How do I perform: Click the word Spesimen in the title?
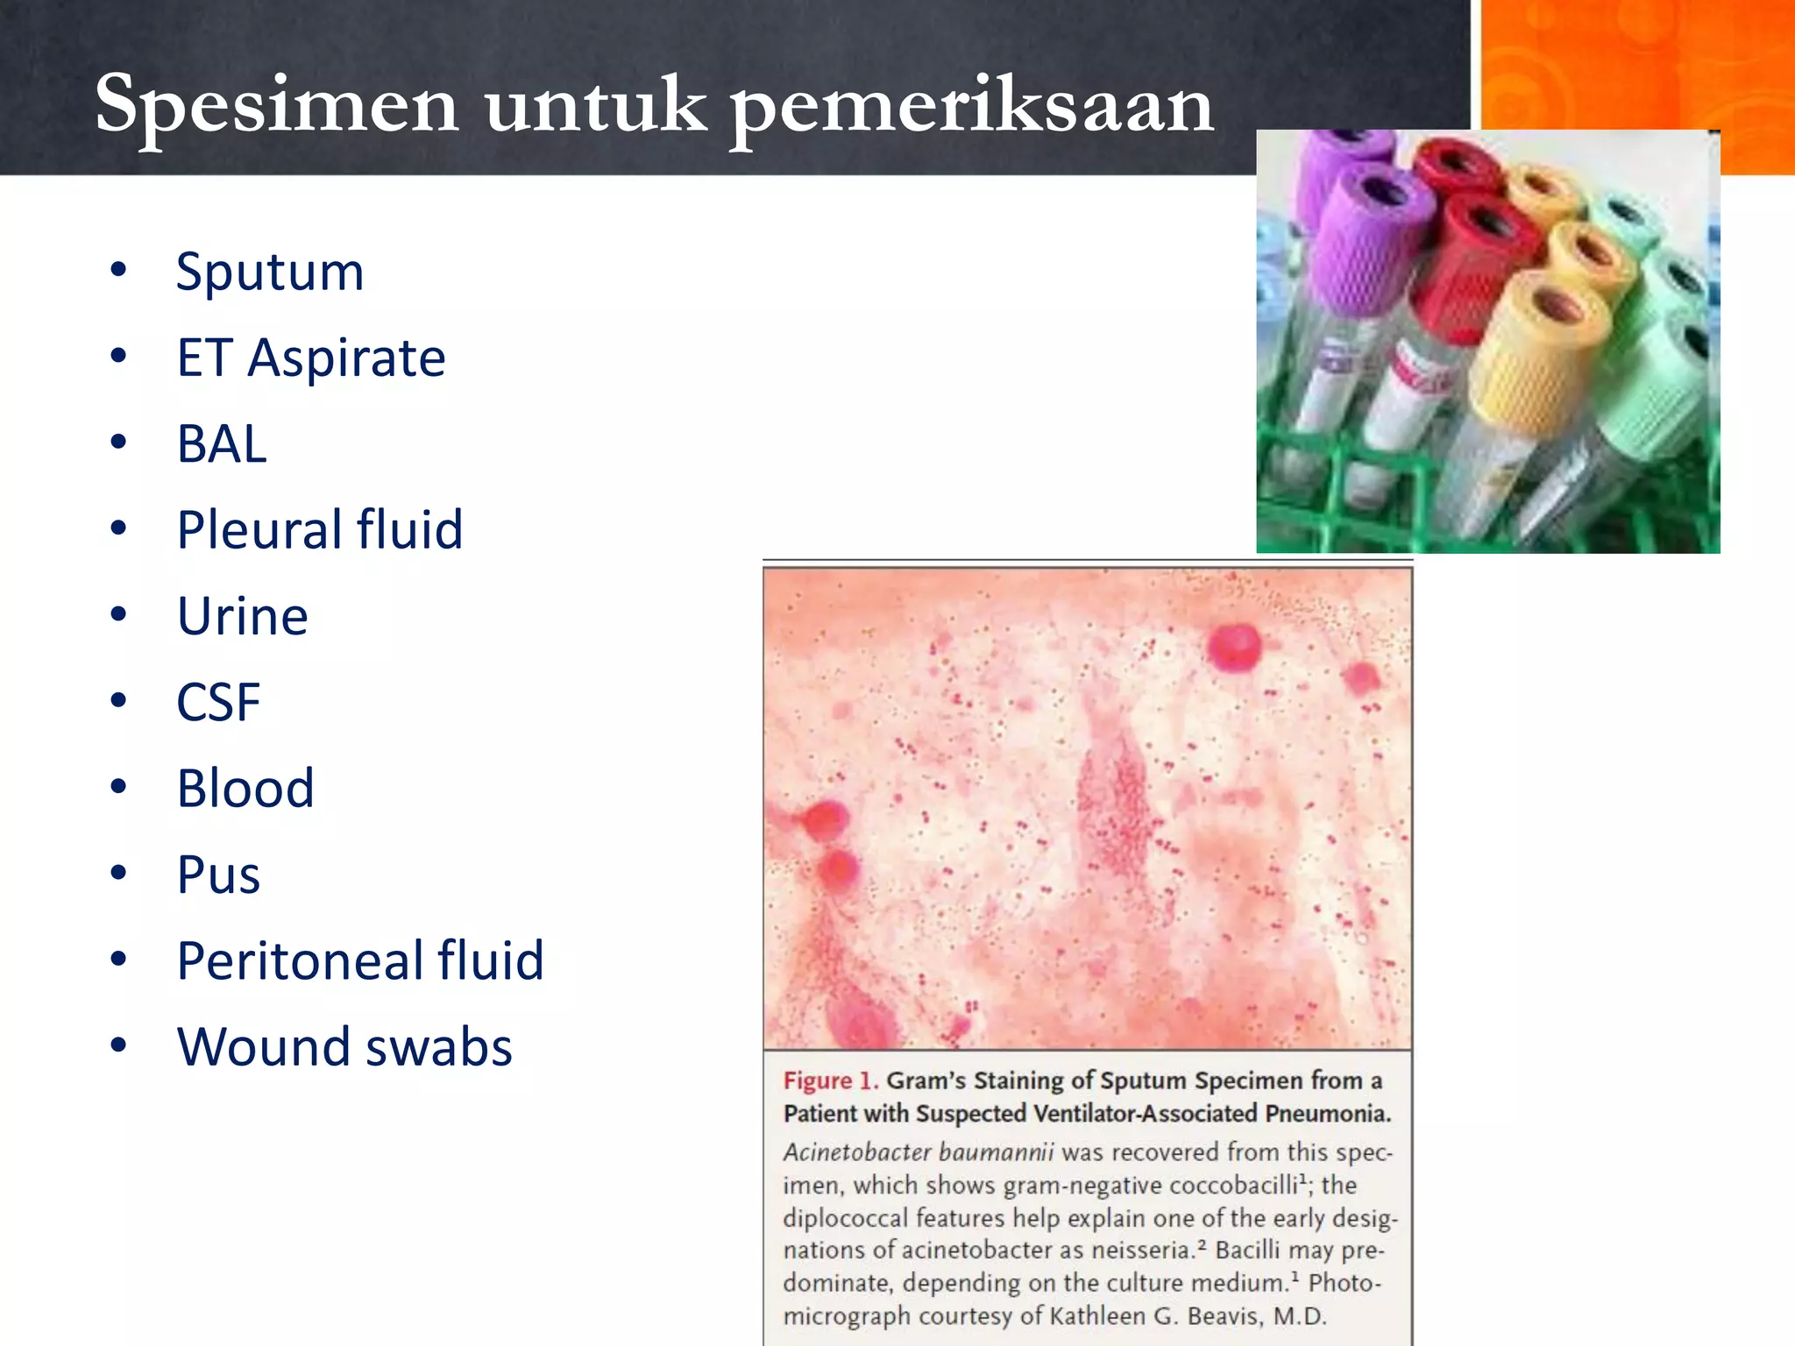[276, 105]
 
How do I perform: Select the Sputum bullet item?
[270, 272]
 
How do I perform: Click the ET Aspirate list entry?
[311, 358]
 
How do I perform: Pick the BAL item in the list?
[222, 443]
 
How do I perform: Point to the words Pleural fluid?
[320, 529]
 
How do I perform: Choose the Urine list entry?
[243, 616]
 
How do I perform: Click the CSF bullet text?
[218, 702]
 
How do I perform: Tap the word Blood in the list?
[245, 788]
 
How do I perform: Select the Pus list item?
[218, 875]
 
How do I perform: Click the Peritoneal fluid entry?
[360, 960]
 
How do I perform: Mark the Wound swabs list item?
[344, 1046]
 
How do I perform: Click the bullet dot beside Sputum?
[118, 270]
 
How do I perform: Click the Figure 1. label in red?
[830, 1080]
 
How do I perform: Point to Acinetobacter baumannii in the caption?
[917, 1151]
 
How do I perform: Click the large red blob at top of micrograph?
[1233, 647]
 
